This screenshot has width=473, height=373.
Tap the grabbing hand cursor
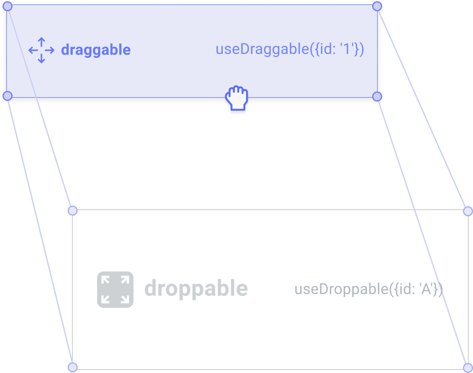(237, 98)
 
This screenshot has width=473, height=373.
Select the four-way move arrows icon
(41, 50)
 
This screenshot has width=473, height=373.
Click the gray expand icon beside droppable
(115, 290)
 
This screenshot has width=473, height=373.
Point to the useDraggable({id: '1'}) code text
(290, 49)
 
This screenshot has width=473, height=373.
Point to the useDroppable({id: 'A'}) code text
(369, 289)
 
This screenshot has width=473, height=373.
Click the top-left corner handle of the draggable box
(8, 6)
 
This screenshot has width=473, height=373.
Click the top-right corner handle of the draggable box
(377, 6)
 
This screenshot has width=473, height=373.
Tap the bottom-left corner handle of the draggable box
(8, 96)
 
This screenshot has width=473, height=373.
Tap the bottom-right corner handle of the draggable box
(377, 97)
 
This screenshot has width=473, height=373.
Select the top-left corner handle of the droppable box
(73, 211)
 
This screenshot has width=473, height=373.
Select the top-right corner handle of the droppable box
(468, 211)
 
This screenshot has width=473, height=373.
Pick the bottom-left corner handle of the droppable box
(73, 367)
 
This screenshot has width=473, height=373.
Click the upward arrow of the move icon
(41, 42)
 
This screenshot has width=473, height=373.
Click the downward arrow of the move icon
(41, 59)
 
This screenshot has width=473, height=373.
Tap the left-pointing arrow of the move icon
(33, 50)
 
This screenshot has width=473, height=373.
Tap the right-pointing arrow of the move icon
(50, 50)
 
